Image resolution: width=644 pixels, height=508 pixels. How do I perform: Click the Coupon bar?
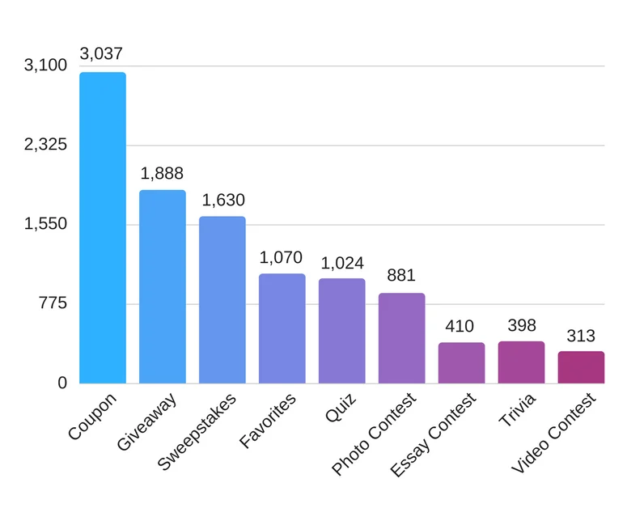(x=102, y=227)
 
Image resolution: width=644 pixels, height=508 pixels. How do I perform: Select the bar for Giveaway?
(x=162, y=286)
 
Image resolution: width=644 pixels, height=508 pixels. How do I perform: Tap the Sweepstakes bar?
(x=222, y=299)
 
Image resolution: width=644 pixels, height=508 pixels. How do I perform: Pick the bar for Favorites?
(x=282, y=328)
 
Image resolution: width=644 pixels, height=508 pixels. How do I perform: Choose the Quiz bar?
(x=341, y=331)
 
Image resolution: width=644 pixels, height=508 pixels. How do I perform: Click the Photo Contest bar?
(x=401, y=338)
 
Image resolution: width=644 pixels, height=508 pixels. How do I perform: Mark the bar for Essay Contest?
(x=461, y=362)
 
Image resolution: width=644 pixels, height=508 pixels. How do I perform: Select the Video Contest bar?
(x=581, y=366)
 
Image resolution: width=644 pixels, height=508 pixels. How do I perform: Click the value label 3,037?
(x=101, y=54)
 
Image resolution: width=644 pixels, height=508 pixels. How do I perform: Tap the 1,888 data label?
(x=162, y=173)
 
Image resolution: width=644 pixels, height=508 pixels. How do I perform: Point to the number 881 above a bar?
(x=401, y=275)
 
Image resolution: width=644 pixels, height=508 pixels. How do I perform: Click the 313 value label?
(x=581, y=336)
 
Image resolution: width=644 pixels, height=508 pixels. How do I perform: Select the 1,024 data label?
(x=342, y=263)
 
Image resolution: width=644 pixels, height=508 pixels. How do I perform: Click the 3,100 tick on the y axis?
(x=45, y=66)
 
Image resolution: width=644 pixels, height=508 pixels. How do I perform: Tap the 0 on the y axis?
(x=61, y=383)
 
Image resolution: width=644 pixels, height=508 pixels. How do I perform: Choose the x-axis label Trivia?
(x=517, y=410)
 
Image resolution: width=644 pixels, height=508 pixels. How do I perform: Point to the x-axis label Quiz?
(x=341, y=409)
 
